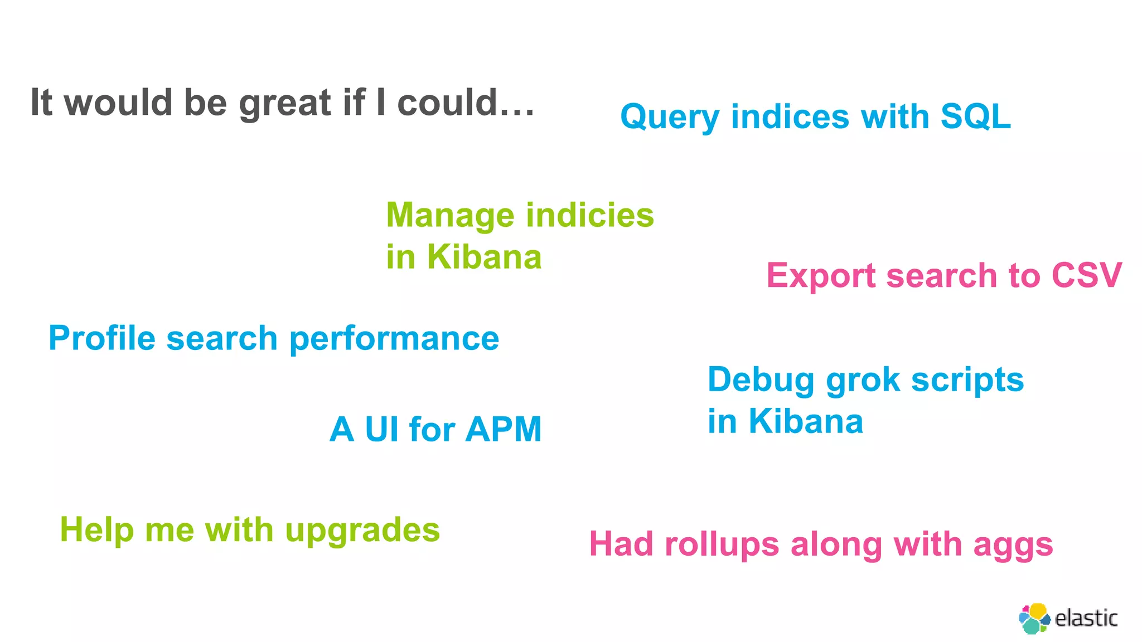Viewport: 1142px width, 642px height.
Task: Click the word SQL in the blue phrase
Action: pos(975,116)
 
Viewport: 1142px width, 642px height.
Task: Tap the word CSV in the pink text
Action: pos(1086,275)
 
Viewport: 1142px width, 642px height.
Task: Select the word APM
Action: pos(504,430)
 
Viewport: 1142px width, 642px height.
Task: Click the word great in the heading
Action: pos(285,104)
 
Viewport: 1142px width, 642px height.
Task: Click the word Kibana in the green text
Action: pos(484,257)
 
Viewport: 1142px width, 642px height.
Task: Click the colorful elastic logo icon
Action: pos(1034,619)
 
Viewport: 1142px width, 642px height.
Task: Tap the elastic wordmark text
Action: pos(1086,619)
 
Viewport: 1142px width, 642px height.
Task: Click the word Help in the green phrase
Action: pos(96,529)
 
